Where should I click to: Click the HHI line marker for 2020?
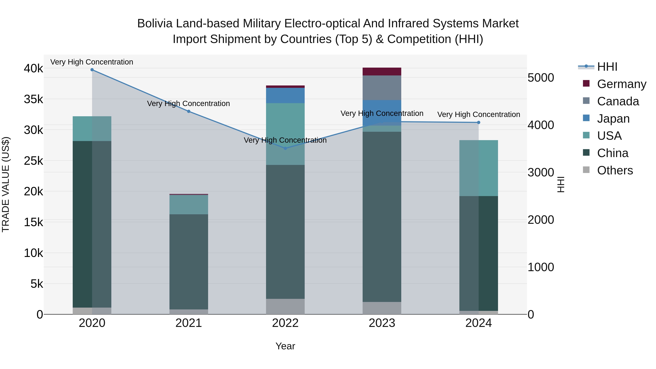[92, 70]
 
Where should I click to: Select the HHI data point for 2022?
[285, 148]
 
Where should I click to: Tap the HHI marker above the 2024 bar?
[479, 122]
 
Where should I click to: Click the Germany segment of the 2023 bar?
[382, 72]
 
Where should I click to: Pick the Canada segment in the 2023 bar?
[382, 88]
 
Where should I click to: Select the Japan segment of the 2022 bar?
[285, 95]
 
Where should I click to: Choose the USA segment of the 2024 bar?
[479, 168]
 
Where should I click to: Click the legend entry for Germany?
[621, 84]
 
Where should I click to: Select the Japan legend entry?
[613, 119]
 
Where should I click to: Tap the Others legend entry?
[615, 170]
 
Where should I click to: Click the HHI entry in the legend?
[607, 67]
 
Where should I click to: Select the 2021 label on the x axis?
[189, 323]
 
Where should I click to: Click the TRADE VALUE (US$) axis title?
[6, 184]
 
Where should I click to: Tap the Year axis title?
[285, 346]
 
